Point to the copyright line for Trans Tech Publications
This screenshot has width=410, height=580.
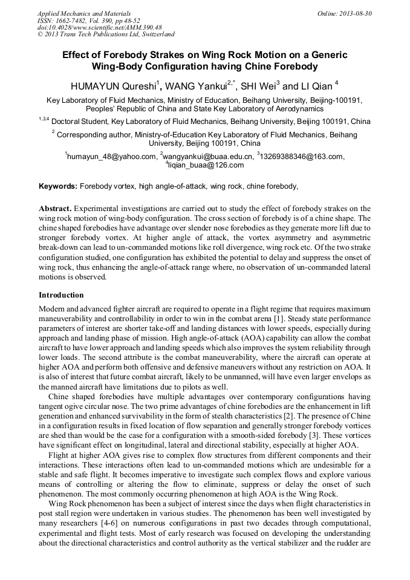tap(106, 34)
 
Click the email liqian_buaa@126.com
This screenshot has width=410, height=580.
tap(206, 165)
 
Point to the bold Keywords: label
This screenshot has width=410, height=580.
tap(58, 186)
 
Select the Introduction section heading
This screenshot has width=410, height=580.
tap(61, 295)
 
